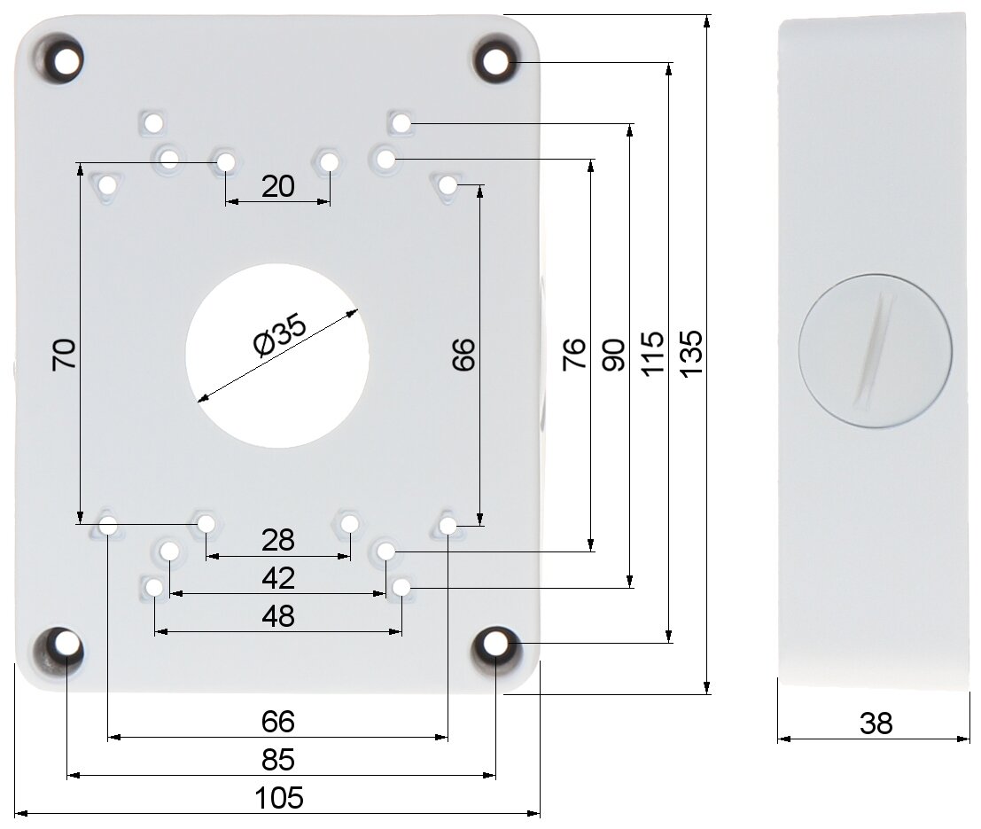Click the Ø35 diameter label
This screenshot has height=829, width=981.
[280, 335]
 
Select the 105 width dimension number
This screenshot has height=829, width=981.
[279, 798]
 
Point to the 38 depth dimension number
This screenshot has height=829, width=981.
[876, 723]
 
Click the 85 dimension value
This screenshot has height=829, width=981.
[278, 760]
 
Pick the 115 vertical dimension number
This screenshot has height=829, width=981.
[652, 355]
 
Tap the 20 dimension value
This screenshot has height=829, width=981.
[277, 186]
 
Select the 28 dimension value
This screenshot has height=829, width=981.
[277, 540]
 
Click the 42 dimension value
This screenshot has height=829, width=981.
[278, 579]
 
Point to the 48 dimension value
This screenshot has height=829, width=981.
[278, 617]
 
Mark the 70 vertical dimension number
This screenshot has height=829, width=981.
[65, 355]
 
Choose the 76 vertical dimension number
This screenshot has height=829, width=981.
[574, 355]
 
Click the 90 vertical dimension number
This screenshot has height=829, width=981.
[613, 355]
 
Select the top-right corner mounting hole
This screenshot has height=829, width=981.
[496, 61]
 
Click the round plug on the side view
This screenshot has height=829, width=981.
[876, 351]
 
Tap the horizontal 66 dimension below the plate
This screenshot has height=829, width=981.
[278, 722]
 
